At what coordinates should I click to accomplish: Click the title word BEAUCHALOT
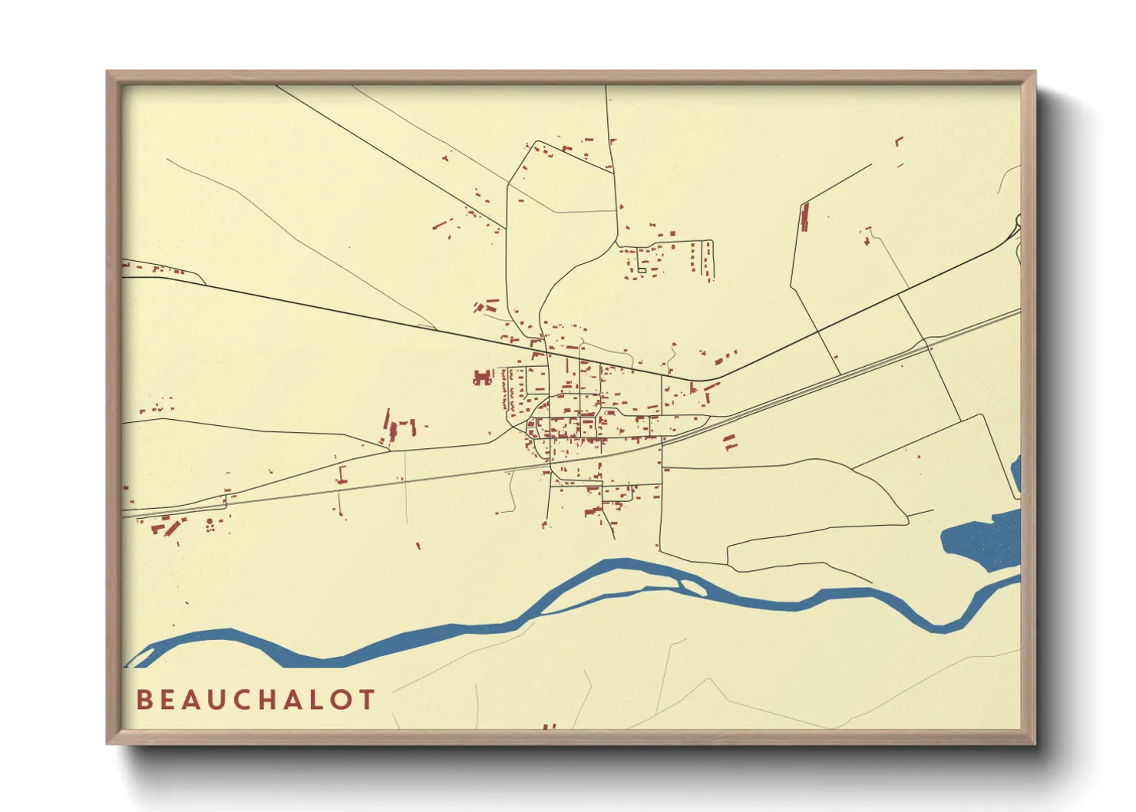point(256,700)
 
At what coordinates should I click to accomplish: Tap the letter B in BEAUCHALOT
point(144,700)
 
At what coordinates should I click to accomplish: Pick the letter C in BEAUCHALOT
point(239,700)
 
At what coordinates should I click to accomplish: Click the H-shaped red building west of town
point(482,378)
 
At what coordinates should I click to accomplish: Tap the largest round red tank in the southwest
point(210,523)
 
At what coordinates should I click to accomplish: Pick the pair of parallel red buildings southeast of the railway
point(729,442)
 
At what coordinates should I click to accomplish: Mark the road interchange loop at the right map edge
point(1017,226)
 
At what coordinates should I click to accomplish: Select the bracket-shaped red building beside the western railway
point(342,474)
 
